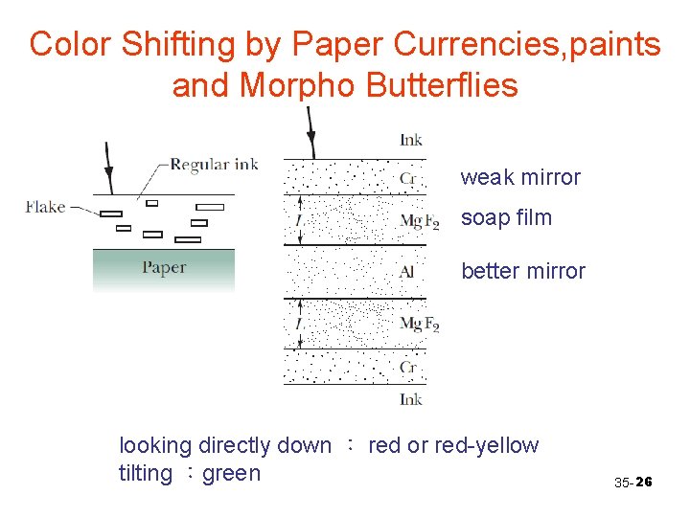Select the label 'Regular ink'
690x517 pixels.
pyautogui.click(x=214, y=164)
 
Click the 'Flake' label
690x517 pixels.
pyautogui.click(x=46, y=206)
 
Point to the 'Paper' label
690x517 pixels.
pyautogui.click(x=164, y=267)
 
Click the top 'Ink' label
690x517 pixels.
pyautogui.click(x=411, y=141)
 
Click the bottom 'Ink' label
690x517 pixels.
pyautogui.click(x=411, y=399)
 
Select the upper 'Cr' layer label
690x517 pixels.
pyautogui.click(x=408, y=178)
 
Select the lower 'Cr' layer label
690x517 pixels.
pyautogui.click(x=408, y=367)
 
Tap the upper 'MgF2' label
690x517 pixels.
pyautogui.click(x=419, y=222)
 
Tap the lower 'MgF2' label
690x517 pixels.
pyautogui.click(x=419, y=324)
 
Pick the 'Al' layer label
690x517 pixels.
pyautogui.click(x=407, y=273)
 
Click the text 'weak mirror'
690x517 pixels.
pyautogui.click(x=520, y=177)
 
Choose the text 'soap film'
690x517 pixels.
pyautogui.click(x=506, y=217)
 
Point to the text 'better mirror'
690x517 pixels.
pyautogui.click(x=522, y=271)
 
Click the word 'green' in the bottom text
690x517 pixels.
pyautogui.click(x=232, y=473)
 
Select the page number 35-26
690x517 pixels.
pyautogui.click(x=632, y=483)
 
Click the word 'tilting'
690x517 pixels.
pyautogui.click(x=146, y=473)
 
